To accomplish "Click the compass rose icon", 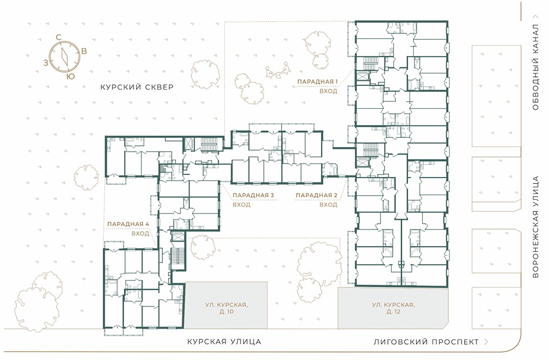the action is tap(65, 57).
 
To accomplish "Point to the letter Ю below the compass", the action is tap(70, 76).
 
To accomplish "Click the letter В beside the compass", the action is tap(84, 51).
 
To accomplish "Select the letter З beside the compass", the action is tap(46, 63).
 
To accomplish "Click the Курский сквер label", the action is tap(137, 87).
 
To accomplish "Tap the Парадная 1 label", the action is tap(317, 82).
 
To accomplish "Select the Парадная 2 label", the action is tap(316, 195).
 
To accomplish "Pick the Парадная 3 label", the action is tap(253, 195).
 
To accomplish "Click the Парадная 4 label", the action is tap(128, 224).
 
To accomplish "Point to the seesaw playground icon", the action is tap(278, 70).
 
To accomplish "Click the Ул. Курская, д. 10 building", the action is tap(226, 305).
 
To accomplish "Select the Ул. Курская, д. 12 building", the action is tap(393, 308).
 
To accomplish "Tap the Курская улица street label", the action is tap(224, 341).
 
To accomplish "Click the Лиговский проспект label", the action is tap(426, 342).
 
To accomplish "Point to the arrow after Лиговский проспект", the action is tap(486, 342).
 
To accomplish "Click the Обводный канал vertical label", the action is tap(535, 67).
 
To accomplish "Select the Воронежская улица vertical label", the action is tap(535, 227).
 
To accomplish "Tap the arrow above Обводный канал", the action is tap(535, 16).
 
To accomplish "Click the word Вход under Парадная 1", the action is tap(329, 91).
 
